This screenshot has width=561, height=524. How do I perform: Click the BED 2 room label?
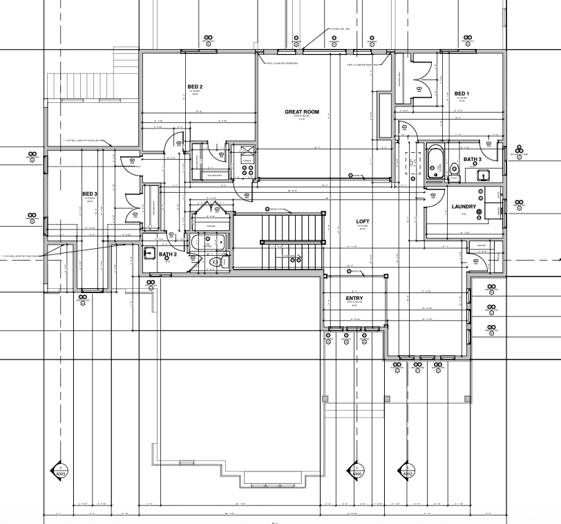(x=195, y=86)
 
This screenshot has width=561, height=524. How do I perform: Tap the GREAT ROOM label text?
(x=301, y=111)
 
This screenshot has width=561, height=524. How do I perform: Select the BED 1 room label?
(x=462, y=93)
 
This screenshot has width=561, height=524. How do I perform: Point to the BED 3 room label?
(x=90, y=194)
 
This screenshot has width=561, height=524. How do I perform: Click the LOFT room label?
(x=363, y=221)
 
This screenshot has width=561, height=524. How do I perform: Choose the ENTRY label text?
(x=354, y=299)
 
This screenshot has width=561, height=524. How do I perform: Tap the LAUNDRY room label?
(x=464, y=207)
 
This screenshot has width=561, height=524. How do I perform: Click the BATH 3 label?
(x=473, y=160)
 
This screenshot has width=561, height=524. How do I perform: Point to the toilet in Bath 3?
(x=454, y=169)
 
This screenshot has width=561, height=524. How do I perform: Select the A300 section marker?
(x=357, y=473)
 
